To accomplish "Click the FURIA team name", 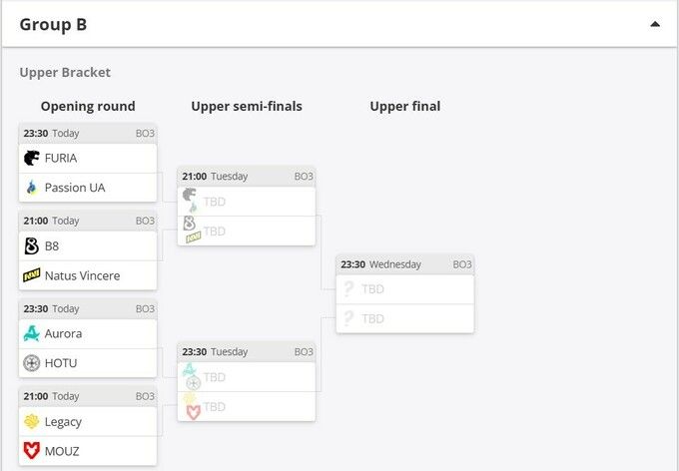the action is tap(61, 159).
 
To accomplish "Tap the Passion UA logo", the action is tap(32, 188).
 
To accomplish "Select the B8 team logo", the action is tap(32, 245).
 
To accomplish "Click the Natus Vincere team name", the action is tap(82, 275).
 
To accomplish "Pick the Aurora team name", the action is tap(63, 333).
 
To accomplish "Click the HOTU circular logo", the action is tap(32, 363).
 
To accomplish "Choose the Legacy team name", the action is tap(63, 422).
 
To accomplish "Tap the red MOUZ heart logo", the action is tap(32, 451).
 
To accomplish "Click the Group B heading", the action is tap(53, 25).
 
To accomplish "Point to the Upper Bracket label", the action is tap(65, 72).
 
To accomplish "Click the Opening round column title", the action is tap(88, 107).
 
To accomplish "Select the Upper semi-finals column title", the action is tap(247, 107).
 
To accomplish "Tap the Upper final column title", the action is tap(405, 107).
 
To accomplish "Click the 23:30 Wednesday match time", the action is tap(380, 264).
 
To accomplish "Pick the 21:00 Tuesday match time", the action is tap(215, 177).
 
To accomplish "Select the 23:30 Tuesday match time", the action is tap(215, 352).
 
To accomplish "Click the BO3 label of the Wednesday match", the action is tap(462, 264).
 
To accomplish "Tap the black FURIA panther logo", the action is tap(32, 158).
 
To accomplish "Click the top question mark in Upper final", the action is tap(348, 288).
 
